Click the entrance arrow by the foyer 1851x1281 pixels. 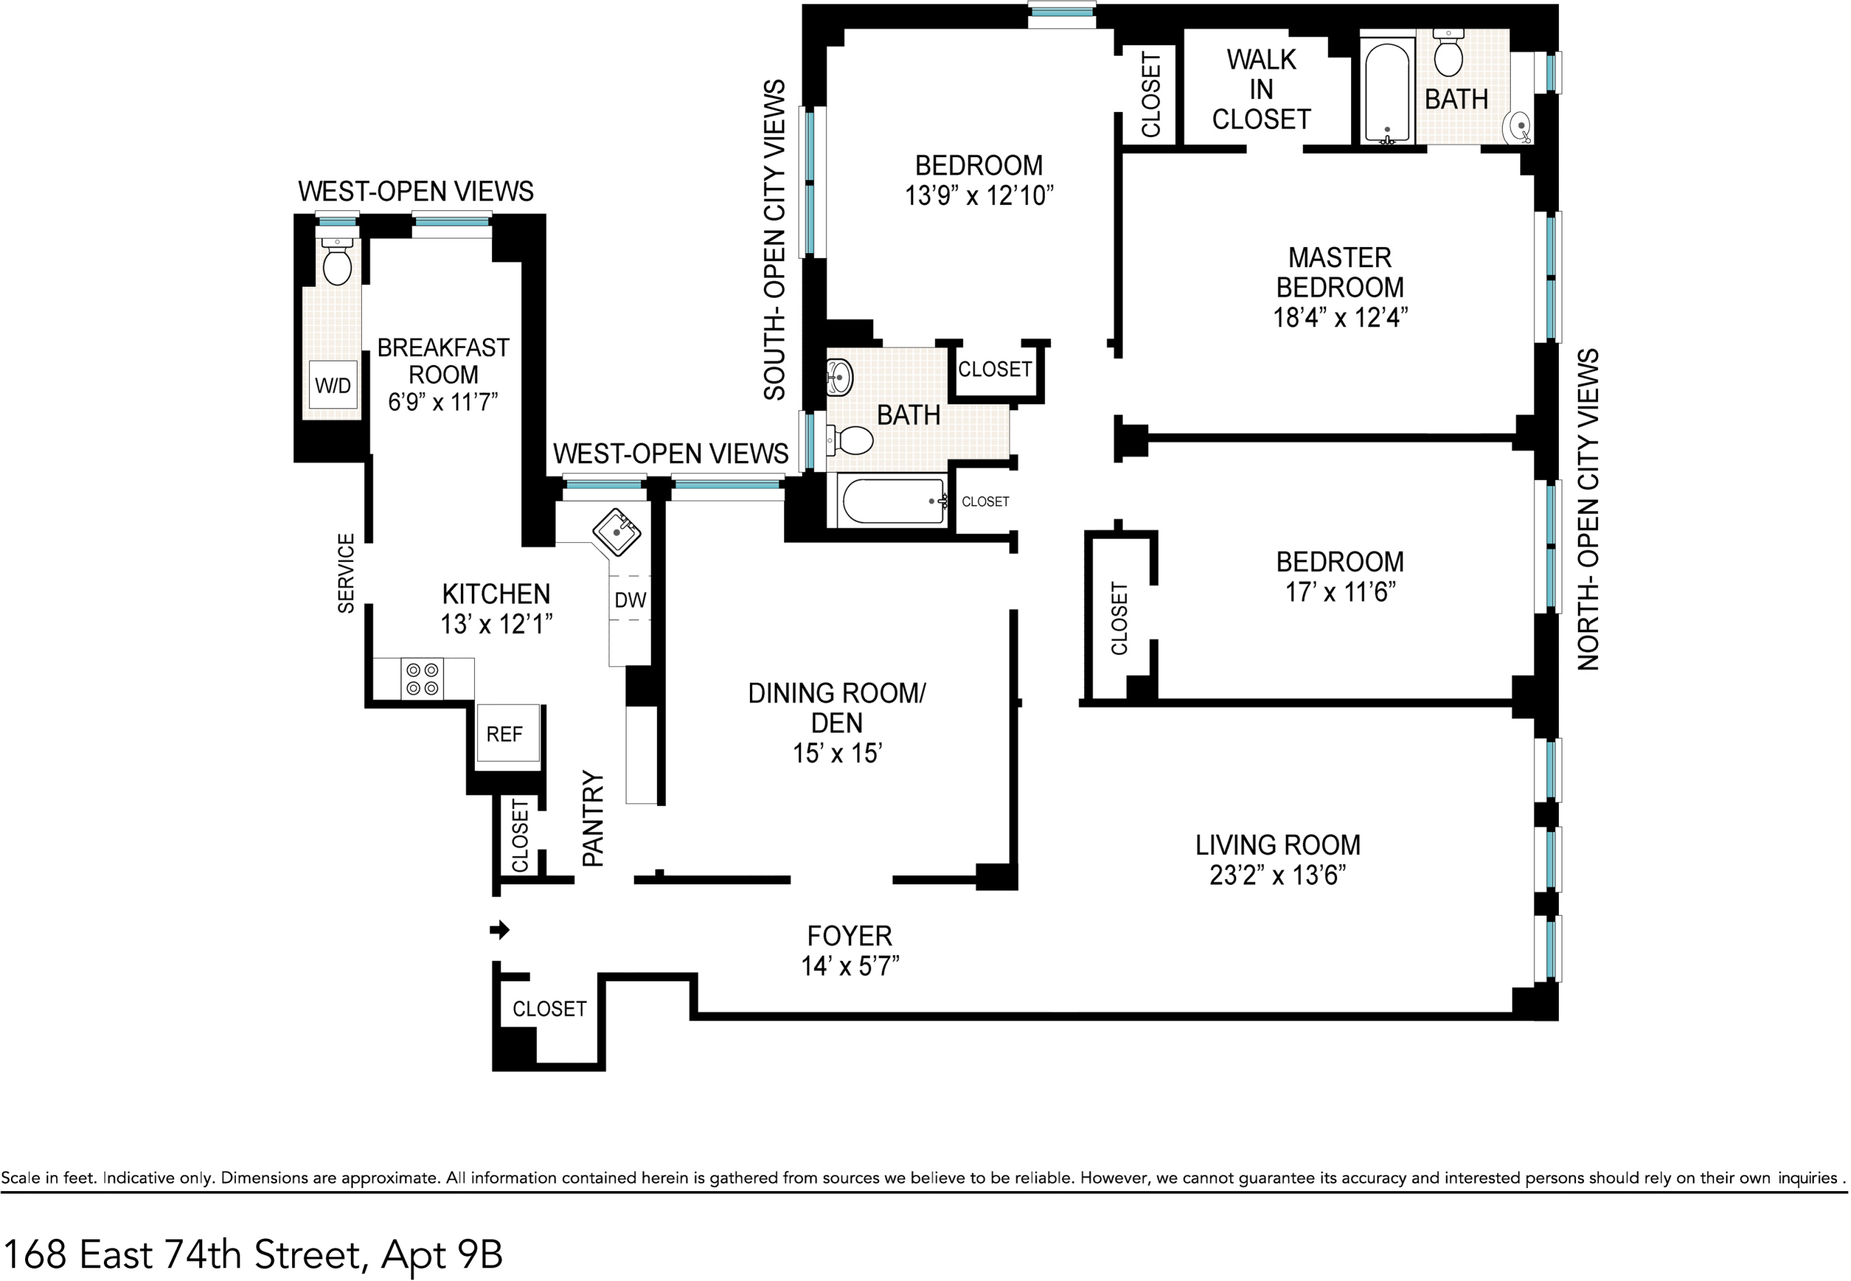499,930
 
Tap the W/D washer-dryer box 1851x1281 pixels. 333,385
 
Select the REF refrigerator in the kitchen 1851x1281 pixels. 504,733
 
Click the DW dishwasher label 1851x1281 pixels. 630,600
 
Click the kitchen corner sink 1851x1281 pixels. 616,531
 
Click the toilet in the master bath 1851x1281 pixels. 1449,52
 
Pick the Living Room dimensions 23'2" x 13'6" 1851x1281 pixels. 1277,874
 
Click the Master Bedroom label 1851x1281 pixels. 1340,272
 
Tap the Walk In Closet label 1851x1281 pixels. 1261,89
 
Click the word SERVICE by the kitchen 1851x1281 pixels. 346,573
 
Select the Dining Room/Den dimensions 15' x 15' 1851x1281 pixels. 837,753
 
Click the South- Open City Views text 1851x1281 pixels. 774,240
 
